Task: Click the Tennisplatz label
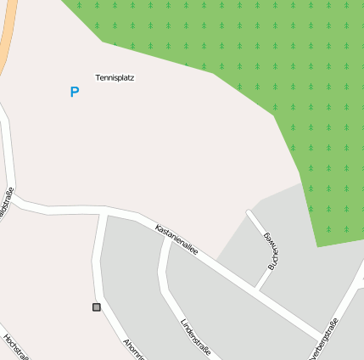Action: click(115, 77)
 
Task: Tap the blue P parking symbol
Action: click(75, 92)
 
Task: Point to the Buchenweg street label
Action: click(272, 250)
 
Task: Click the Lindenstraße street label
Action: click(195, 337)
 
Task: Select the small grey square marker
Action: click(96, 307)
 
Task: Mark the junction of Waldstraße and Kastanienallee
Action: click(17, 201)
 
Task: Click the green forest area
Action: click(280, 59)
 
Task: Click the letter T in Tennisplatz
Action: click(97, 77)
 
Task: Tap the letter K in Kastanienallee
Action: click(157, 227)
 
